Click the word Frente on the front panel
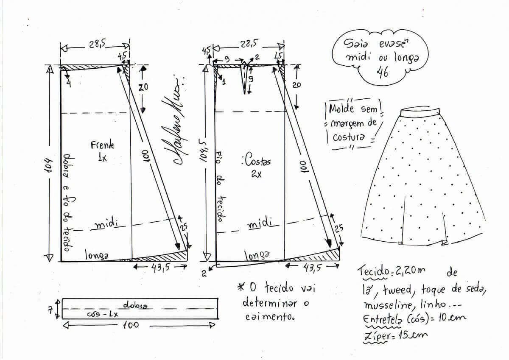pos(102,145)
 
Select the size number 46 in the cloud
pos(383,73)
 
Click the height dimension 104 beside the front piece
pos(49,165)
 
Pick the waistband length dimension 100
pos(131,325)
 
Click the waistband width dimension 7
pos(50,310)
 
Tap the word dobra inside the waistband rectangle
pos(135,305)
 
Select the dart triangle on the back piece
pos(244,77)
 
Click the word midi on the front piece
pos(106,224)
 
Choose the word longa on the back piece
pos(257,256)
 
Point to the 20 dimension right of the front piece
pos(143,87)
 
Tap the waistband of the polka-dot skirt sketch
pos(420,112)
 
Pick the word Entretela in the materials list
pos(382,319)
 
